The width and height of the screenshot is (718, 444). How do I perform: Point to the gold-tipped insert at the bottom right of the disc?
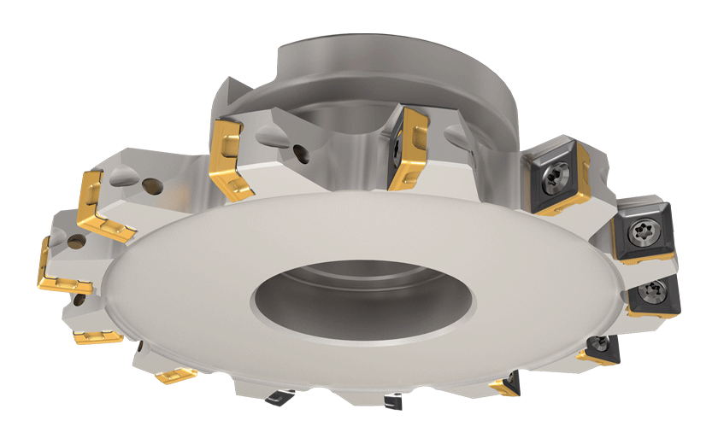point(505,386)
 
